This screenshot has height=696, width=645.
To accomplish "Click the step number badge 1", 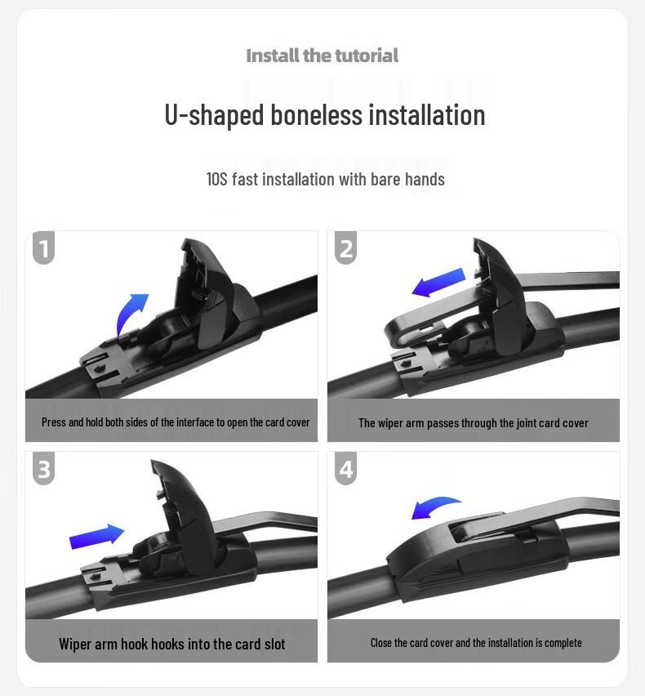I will tap(44, 248).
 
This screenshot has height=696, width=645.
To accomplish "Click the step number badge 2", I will tap(346, 248).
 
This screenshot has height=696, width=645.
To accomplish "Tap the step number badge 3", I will tap(44, 469).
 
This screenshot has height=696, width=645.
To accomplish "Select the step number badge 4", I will tap(346, 469).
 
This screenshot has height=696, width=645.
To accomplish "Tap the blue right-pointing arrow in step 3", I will tap(96, 536).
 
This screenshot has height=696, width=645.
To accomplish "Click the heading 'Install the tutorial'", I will tap(322, 56).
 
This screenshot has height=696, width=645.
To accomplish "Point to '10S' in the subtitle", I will tap(216, 179).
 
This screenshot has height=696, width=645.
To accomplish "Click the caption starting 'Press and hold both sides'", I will tap(176, 422).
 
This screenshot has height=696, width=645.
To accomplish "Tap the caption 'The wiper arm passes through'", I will tap(473, 422).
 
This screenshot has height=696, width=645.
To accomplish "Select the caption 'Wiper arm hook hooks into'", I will tap(171, 644).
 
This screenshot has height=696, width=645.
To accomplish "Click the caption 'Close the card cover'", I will tap(476, 643).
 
